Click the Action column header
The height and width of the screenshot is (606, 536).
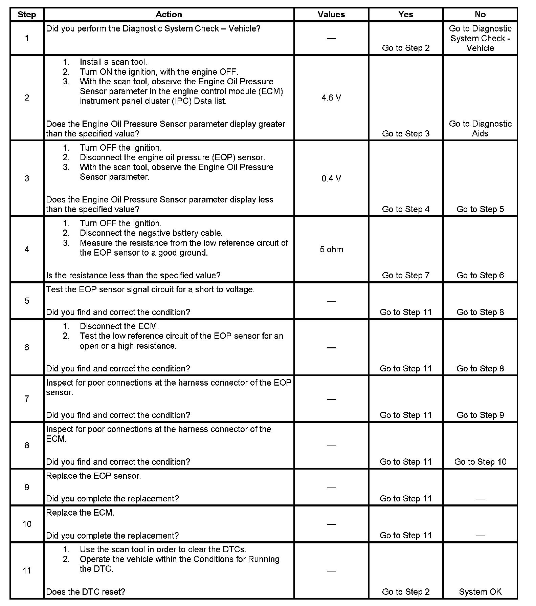pyautogui.click(x=169, y=15)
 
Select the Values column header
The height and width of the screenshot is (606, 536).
pyautogui.click(x=331, y=15)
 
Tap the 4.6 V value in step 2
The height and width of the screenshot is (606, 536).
pyautogui.click(x=331, y=98)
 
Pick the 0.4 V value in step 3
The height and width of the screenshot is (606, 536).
pyautogui.click(x=331, y=178)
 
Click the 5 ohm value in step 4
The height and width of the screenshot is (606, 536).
pyautogui.click(x=331, y=250)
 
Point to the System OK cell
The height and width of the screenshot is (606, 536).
pyautogui.click(x=480, y=592)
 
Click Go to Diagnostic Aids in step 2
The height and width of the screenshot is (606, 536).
pyautogui.click(x=480, y=129)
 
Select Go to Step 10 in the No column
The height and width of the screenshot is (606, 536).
pyautogui.click(x=480, y=462)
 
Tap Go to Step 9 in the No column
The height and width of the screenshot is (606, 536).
pyautogui.click(x=480, y=415)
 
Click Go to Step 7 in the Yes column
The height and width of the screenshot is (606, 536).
pyautogui.click(x=405, y=276)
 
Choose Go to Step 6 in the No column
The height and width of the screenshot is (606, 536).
pyautogui.click(x=480, y=276)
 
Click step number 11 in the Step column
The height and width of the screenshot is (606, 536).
pyautogui.click(x=27, y=571)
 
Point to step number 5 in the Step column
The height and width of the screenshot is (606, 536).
pyautogui.click(x=27, y=301)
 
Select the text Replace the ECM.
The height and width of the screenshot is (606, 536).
pyautogui.click(x=80, y=513)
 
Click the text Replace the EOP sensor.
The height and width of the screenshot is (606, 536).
pyautogui.click(x=93, y=476)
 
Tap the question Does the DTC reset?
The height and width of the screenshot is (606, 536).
pyautogui.click(x=86, y=592)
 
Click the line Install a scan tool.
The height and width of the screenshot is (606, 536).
pyautogui.click(x=113, y=62)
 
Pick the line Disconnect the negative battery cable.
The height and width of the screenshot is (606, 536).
pyautogui.click(x=151, y=233)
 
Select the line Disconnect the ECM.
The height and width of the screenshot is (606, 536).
pyautogui.click(x=119, y=326)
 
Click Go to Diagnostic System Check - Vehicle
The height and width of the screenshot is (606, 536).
pyautogui.click(x=480, y=38)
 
